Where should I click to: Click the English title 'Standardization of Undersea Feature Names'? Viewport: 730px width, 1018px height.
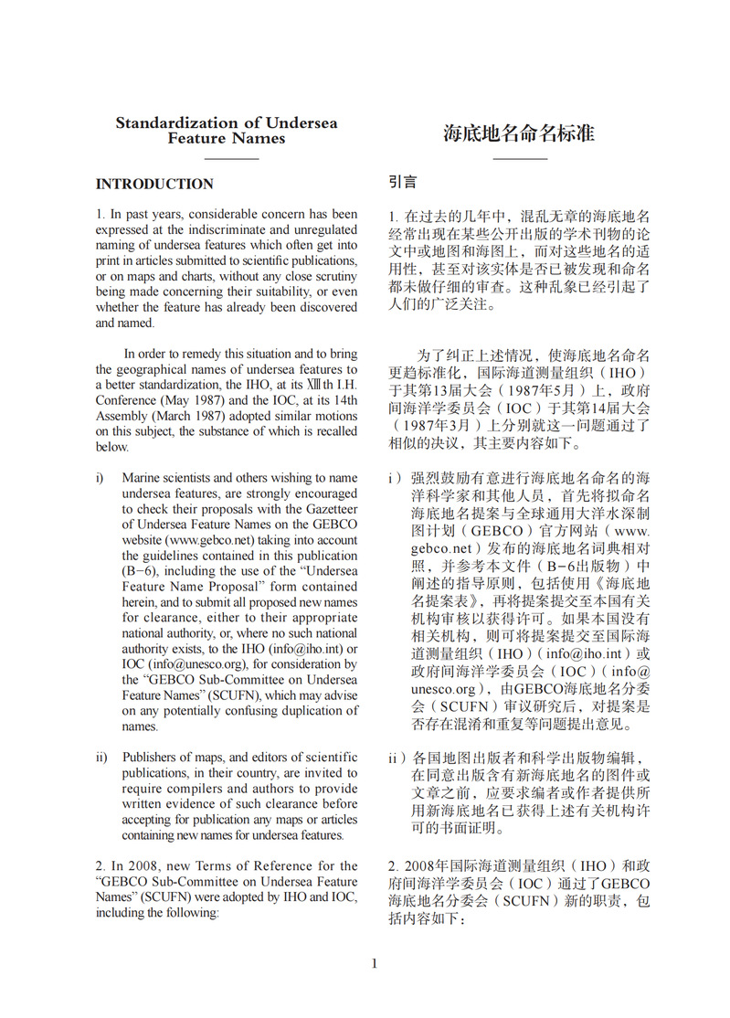(x=226, y=131)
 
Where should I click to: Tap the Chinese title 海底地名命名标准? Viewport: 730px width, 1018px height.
(x=519, y=133)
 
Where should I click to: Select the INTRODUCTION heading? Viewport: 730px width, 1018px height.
(x=154, y=184)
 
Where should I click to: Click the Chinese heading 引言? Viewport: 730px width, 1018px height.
(x=403, y=183)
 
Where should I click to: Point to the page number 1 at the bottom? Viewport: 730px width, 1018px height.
(x=374, y=963)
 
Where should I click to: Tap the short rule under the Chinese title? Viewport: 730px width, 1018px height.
(x=520, y=159)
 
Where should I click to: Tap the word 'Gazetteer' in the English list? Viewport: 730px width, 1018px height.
(x=329, y=510)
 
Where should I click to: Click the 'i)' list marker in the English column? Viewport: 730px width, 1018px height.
(x=100, y=478)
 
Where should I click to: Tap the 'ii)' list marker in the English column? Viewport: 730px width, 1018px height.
(x=101, y=757)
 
